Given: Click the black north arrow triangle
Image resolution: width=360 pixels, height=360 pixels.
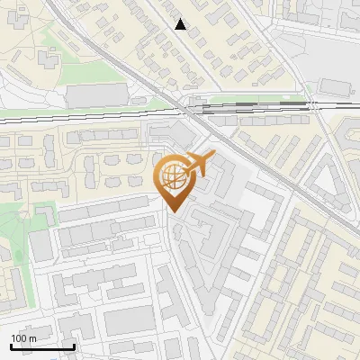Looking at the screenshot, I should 181,24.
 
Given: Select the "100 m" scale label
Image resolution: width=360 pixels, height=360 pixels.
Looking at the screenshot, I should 23,338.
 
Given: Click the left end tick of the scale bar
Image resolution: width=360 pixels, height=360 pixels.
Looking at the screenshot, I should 10,346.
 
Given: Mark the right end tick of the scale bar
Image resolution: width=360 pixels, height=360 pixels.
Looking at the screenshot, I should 74,346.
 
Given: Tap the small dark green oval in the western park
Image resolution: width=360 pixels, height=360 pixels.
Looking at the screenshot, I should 40,212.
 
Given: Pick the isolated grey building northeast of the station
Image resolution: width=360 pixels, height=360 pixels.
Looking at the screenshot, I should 335,86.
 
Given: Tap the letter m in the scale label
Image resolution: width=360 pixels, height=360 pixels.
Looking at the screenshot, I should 32,338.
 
